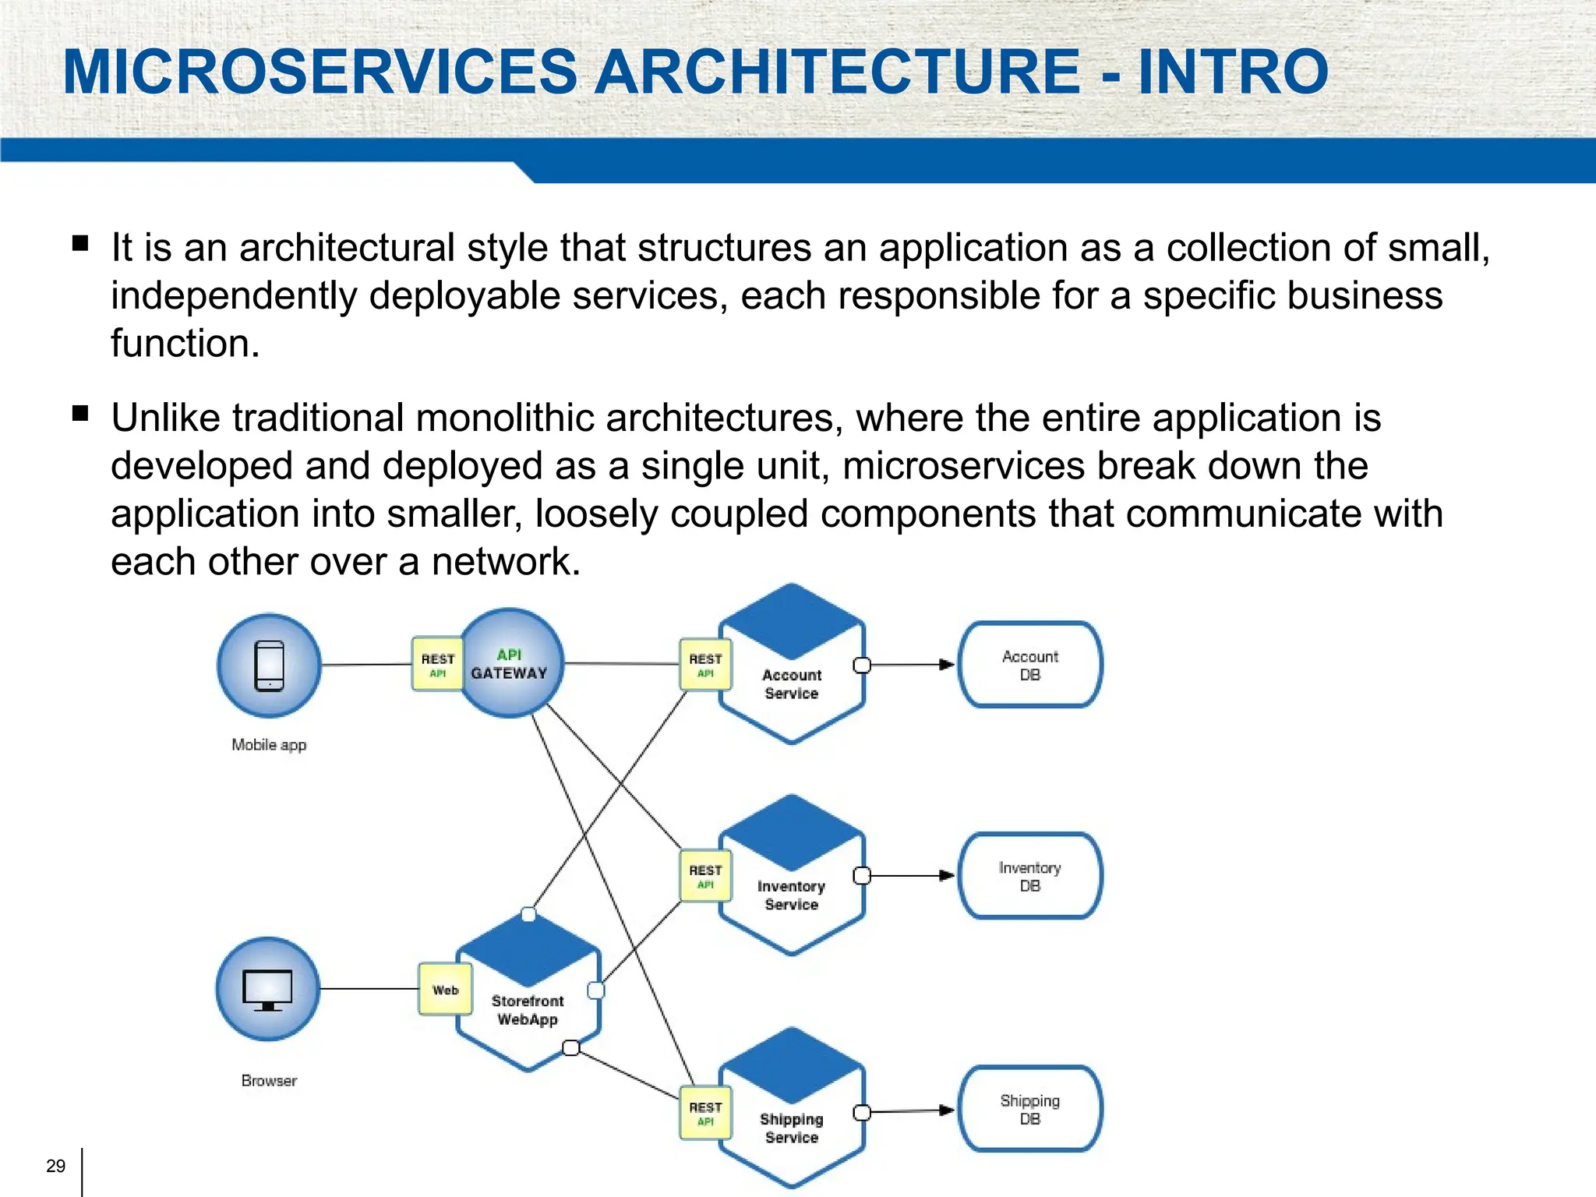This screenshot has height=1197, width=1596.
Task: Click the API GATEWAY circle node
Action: pos(510,664)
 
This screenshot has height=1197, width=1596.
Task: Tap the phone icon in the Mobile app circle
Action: pos(270,666)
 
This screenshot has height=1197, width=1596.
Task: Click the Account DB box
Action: pos(1029,666)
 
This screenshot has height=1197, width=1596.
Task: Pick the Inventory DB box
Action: pos(1029,877)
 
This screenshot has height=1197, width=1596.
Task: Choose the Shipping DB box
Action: pos(1029,1110)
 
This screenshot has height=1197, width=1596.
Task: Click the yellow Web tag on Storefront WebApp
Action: pos(445,990)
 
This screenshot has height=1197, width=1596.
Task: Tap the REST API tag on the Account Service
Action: pos(705,665)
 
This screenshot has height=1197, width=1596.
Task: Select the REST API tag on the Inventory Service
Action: pos(705,876)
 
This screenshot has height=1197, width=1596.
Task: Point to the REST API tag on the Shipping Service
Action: pos(705,1113)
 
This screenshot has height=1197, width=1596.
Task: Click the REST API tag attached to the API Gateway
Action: pos(437,665)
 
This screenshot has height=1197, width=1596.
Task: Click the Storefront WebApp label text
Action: pos(528,1010)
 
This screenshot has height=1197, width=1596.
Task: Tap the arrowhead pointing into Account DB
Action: pos(946,665)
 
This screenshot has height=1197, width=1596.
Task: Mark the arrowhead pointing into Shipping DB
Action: pos(946,1110)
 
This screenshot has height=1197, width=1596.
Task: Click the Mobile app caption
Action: pos(269,745)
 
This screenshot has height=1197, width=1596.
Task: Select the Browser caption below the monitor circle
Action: pos(269,1081)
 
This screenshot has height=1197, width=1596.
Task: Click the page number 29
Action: pos(55,1166)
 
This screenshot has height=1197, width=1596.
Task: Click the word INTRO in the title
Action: pos(1233,72)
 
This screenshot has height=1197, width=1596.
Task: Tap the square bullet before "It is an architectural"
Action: pos(80,243)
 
